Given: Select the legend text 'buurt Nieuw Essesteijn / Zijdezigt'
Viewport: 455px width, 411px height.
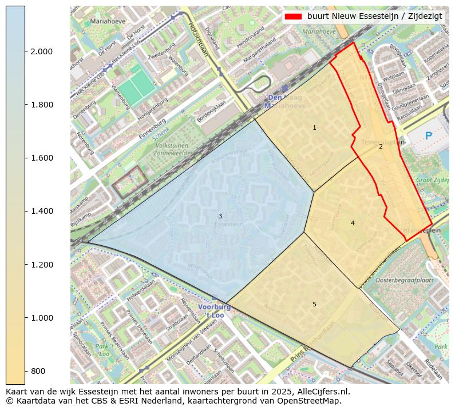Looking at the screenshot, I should coord(374,16).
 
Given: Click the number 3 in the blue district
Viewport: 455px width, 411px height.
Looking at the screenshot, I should coord(220,216).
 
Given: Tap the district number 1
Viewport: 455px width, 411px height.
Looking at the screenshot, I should coord(314,127).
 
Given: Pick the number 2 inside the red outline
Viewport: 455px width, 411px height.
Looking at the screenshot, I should coord(381,146).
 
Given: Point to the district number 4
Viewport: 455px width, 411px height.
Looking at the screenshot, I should coord(353,223).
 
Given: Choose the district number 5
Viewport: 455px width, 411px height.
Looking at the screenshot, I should coord(314,304).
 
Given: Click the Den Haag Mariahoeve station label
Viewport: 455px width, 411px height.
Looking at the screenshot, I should coord(284,101).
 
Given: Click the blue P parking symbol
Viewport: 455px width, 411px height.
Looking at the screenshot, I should coord(428,135).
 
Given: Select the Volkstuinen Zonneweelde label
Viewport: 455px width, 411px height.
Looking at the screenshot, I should coord(172,150).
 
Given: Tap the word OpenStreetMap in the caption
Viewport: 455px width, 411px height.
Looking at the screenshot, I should coord(312,401).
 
